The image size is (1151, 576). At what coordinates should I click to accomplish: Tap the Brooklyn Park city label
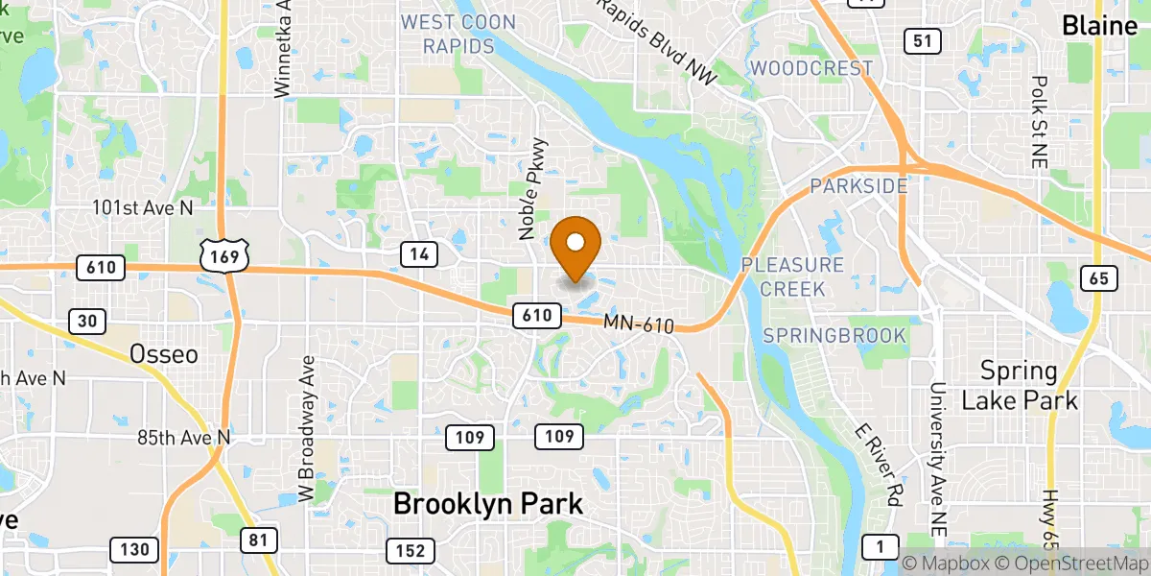click(x=488, y=503)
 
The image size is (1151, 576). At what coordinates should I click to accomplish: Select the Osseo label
click(x=164, y=354)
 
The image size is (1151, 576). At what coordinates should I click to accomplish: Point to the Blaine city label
click(x=1099, y=26)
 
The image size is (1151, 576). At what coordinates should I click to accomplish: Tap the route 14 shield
click(x=419, y=254)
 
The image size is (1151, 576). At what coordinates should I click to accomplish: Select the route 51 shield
click(x=922, y=40)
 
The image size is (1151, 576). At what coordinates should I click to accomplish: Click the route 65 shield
click(x=1097, y=278)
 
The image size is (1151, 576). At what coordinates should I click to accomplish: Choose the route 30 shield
click(x=87, y=322)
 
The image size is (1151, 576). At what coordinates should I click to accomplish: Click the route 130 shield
click(x=134, y=550)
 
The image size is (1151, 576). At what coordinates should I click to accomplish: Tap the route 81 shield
click(x=258, y=540)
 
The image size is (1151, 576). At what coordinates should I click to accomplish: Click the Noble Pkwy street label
click(x=532, y=188)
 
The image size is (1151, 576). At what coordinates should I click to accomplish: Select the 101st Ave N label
click(x=143, y=207)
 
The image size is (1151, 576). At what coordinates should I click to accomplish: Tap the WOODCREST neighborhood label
click(x=812, y=68)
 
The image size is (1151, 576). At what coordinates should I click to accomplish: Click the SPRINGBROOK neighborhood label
click(x=834, y=335)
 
